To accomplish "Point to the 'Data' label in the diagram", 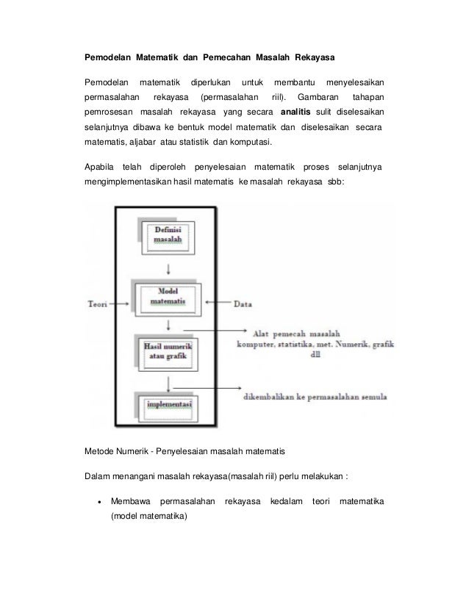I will [245, 303].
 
